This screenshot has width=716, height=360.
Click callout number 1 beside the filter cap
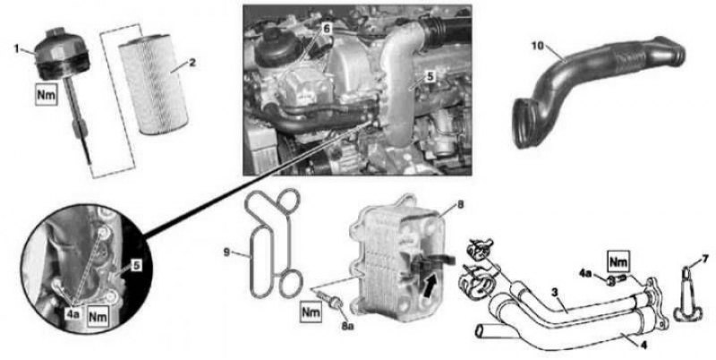click(17, 48)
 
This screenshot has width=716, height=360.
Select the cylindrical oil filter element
click(153, 84)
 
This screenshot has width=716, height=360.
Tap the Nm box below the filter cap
click(47, 95)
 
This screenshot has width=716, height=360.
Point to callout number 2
click(192, 62)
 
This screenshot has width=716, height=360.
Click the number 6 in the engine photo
click(327, 29)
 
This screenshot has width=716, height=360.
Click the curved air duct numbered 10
click(599, 90)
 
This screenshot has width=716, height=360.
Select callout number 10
click(539, 46)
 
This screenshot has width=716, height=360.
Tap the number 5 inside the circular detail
click(137, 265)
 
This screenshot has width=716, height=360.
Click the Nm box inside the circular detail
click(98, 316)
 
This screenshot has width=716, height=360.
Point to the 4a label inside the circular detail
click(74, 314)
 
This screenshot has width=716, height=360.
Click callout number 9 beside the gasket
click(226, 253)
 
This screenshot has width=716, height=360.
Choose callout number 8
click(460, 205)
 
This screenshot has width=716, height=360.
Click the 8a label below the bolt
click(347, 326)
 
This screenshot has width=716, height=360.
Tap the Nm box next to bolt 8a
click(311, 313)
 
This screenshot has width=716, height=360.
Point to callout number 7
click(705, 259)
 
